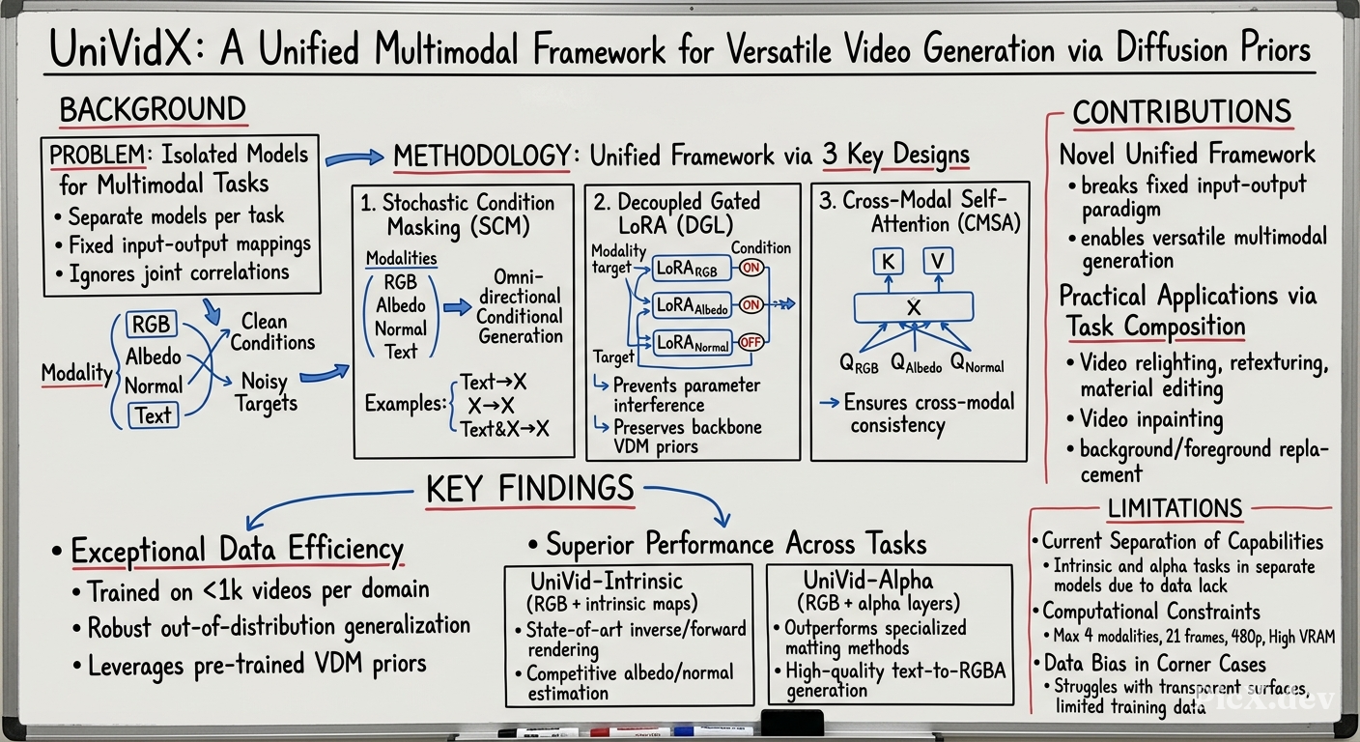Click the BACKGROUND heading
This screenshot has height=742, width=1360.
click(153, 110)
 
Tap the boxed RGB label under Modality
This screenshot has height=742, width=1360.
click(152, 325)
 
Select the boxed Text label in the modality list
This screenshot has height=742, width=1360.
click(153, 416)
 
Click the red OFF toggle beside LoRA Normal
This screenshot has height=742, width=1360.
click(751, 342)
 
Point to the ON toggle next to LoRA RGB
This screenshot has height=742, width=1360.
click(751, 268)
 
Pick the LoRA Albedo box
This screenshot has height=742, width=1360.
click(692, 305)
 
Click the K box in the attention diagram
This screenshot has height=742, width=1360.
click(888, 262)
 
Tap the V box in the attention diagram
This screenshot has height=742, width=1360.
click(938, 261)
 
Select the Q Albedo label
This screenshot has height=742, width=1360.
click(917, 363)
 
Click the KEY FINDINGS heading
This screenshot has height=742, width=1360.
click(530, 488)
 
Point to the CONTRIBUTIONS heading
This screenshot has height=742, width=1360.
click(1182, 112)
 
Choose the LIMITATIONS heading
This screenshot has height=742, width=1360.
click(1175, 508)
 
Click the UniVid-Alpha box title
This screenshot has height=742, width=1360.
click(868, 581)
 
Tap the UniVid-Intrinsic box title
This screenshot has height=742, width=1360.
click(607, 581)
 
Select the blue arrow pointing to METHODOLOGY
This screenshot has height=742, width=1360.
click(354, 158)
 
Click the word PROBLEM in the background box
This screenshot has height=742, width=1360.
click(98, 155)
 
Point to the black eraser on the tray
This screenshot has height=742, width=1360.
click(792, 723)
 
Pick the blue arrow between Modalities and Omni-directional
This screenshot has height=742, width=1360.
click(457, 307)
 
